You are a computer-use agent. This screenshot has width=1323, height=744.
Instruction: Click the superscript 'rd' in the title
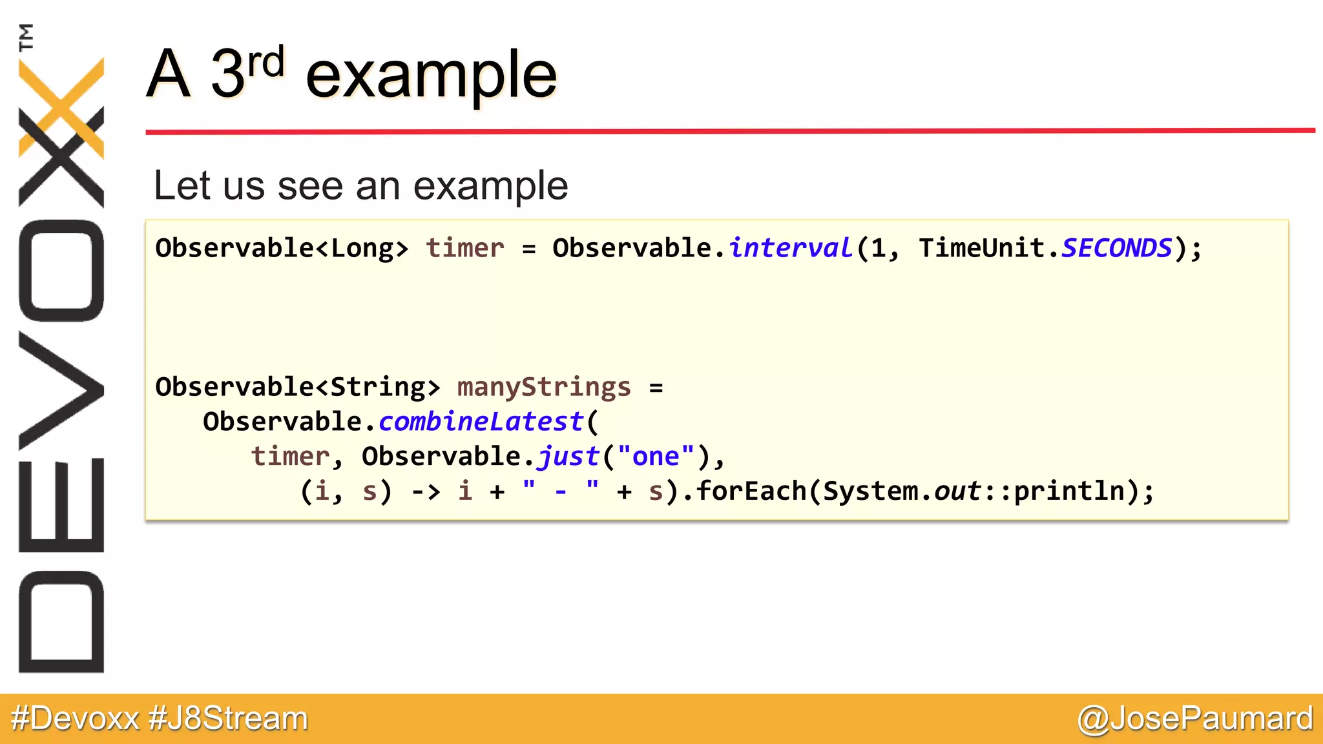[266, 63]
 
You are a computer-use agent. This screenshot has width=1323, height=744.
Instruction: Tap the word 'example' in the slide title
[431, 76]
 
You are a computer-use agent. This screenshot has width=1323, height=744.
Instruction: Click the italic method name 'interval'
[791, 248]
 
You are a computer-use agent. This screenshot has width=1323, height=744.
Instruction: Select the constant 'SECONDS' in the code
[1116, 248]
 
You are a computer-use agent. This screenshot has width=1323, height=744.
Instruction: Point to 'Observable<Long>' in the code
[282, 248]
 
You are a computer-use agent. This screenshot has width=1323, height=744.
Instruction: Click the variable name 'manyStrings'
[543, 387]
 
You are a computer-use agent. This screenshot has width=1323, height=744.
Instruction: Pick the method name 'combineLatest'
[481, 422]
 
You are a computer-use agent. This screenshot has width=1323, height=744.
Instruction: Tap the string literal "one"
[656, 457]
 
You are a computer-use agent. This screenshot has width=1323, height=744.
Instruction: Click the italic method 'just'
[568, 457]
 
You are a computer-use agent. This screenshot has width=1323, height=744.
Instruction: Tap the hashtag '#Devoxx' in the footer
[75, 718]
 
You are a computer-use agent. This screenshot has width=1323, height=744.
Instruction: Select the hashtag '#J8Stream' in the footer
[228, 718]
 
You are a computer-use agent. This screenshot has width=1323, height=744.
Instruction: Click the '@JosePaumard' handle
[1195, 718]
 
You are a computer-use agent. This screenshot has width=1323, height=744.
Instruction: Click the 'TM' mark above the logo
[26, 37]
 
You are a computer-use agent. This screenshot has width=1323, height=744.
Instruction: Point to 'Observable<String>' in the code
[298, 387]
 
